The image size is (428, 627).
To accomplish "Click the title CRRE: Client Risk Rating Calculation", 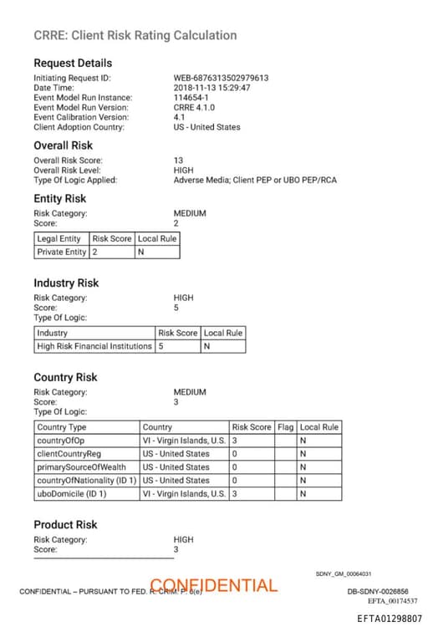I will click(x=135, y=35).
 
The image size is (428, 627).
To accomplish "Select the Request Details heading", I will click(x=73, y=63).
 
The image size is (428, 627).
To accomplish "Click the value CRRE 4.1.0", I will click(x=195, y=108).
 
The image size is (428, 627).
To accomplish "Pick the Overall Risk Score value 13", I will click(x=178, y=160).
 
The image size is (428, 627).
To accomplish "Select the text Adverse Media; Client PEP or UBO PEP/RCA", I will click(x=255, y=180).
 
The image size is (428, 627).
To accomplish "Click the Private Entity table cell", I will click(x=61, y=252).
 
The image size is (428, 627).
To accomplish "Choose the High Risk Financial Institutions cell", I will click(x=94, y=346).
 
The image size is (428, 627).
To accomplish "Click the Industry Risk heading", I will click(x=66, y=283).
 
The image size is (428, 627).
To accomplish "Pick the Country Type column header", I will click(x=62, y=426).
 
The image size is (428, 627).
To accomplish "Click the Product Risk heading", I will click(x=65, y=524).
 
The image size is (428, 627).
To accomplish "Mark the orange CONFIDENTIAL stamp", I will click(x=214, y=585).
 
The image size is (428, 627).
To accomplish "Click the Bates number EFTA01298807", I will click(x=390, y=618).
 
